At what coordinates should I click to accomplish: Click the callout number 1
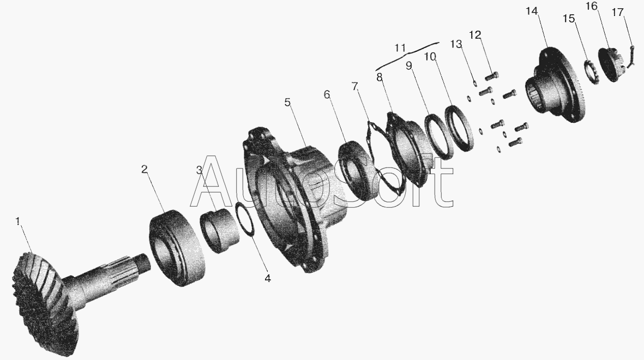click(17, 221)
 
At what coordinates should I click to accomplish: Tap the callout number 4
click(267, 278)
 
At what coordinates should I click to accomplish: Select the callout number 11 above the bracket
click(400, 47)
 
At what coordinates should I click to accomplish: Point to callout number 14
click(532, 11)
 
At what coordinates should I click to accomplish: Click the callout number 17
click(617, 13)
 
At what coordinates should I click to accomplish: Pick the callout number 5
click(287, 102)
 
